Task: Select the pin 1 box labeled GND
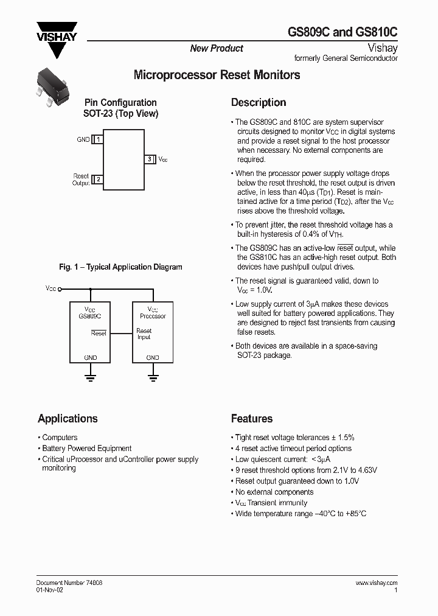click(x=98, y=140)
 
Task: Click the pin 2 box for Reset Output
click(x=98, y=180)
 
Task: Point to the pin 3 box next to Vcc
click(x=150, y=159)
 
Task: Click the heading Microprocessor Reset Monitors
click(x=217, y=75)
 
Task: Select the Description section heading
click(x=259, y=103)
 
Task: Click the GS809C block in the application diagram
click(x=90, y=332)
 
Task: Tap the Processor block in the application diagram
click(x=153, y=332)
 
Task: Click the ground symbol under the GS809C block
click(x=90, y=377)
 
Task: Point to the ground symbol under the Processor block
click(x=153, y=377)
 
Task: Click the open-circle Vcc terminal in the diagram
click(x=60, y=289)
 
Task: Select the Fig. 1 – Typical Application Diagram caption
click(x=120, y=267)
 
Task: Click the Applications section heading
click(x=68, y=419)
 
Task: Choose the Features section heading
click(x=252, y=419)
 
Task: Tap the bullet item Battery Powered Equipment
click(x=86, y=449)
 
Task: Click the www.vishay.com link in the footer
click(x=376, y=583)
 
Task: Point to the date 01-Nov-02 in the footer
click(x=49, y=590)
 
